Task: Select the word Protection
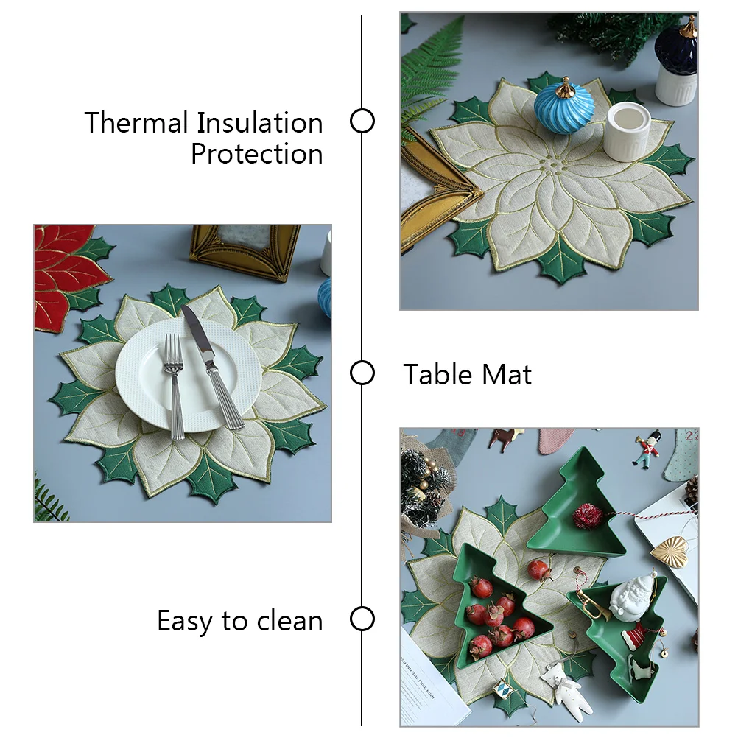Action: click(x=256, y=154)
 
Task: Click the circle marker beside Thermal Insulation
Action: click(x=362, y=121)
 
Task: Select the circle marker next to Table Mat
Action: click(x=362, y=373)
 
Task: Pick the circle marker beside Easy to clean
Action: click(x=362, y=619)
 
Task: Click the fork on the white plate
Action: click(x=174, y=383)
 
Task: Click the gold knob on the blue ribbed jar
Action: click(x=564, y=88)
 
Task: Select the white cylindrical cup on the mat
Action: click(x=628, y=131)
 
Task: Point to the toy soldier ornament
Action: click(x=646, y=451)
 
